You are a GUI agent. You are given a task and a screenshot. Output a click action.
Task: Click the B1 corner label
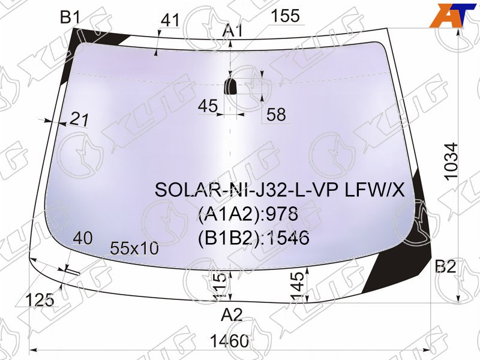pyautogui.click(x=70, y=17)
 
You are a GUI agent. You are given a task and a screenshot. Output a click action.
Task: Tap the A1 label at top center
pyautogui.click(x=233, y=31)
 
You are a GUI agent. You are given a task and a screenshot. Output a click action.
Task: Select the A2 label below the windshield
pyautogui.click(x=232, y=314)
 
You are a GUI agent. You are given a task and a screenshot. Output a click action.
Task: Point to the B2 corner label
pyautogui.click(x=445, y=266)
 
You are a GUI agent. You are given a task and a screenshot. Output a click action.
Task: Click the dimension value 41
pyautogui.click(x=170, y=20)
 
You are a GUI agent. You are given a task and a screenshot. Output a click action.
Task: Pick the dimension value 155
pyautogui.click(x=286, y=16)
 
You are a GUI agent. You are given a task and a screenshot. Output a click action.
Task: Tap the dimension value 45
pyautogui.click(x=208, y=106)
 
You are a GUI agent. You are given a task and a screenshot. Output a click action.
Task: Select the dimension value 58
pyautogui.click(x=276, y=115)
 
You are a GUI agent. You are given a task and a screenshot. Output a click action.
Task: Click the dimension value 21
pyautogui.click(x=79, y=119)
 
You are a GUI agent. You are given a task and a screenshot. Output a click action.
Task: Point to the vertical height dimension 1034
pyautogui.click(x=452, y=161)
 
